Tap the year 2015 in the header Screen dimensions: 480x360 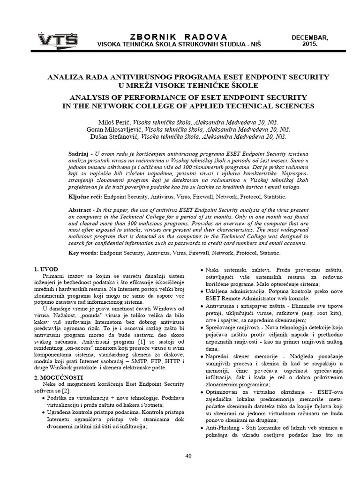[310, 44]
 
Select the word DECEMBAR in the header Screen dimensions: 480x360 [310, 37]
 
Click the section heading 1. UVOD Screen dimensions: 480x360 [46, 270]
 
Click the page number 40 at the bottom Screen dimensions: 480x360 [188, 455]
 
